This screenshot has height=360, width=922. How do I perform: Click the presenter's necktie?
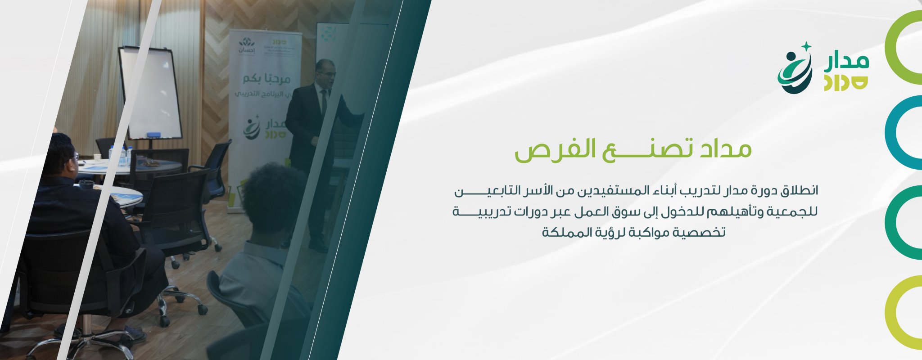323,102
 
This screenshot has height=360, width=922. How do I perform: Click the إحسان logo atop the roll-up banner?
246,47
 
